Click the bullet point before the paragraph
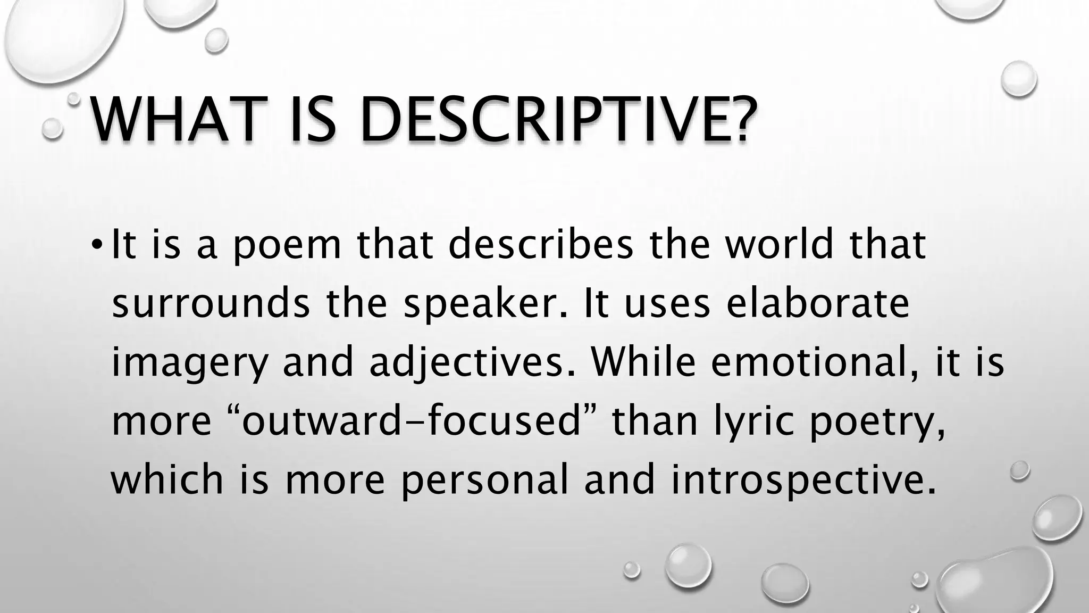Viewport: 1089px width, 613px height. (95, 245)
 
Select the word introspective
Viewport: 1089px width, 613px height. (802, 480)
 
